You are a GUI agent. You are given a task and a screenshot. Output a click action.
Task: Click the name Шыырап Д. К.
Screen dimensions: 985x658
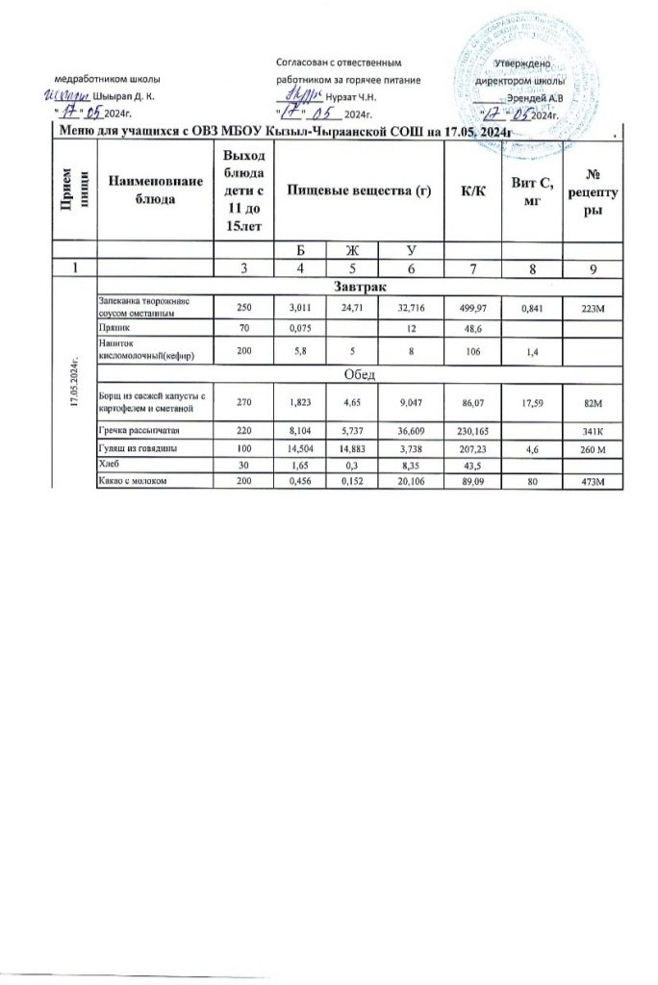[x=122, y=97]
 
